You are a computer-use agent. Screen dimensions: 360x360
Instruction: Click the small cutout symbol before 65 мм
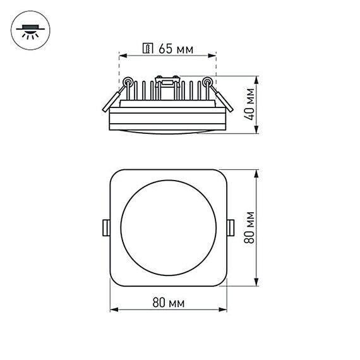coord(148,49)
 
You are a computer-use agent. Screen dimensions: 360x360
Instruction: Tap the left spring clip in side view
coord(115,96)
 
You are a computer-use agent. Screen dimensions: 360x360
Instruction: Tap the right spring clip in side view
coord(219,96)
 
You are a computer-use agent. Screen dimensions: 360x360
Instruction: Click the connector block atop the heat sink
coord(167,81)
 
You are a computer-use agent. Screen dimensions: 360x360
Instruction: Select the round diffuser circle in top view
coord(168,227)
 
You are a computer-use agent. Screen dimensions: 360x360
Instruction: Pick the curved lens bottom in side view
coord(168,131)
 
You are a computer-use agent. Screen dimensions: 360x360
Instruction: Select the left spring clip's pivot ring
coord(128,81)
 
